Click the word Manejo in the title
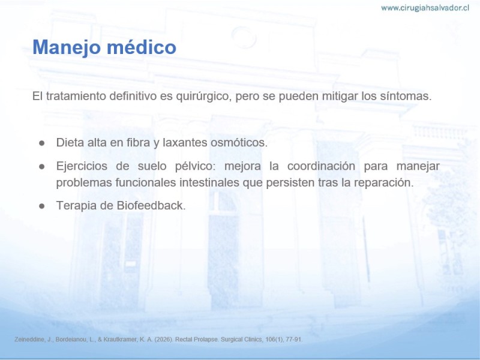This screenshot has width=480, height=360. (67, 47)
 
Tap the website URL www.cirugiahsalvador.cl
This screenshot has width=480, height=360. (425, 8)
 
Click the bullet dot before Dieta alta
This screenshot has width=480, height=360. (42, 143)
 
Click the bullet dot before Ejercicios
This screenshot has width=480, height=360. (42, 167)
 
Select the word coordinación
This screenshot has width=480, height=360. (321, 166)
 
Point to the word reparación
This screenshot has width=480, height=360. (384, 183)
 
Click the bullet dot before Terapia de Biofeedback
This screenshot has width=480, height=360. (42, 206)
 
